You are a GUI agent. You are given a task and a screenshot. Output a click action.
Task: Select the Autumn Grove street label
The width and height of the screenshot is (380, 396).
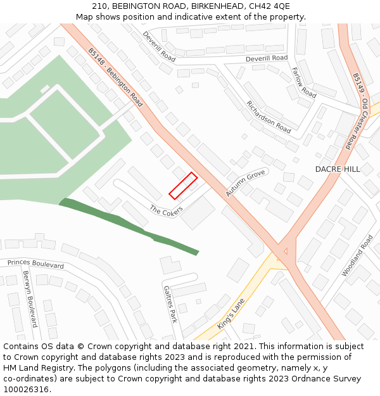(246, 182)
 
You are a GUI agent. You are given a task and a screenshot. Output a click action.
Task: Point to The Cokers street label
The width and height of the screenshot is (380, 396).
(166, 210)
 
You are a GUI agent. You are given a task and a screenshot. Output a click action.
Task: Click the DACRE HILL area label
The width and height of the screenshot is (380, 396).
(338, 169)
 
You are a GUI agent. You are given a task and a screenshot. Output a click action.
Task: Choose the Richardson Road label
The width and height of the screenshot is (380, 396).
(269, 117)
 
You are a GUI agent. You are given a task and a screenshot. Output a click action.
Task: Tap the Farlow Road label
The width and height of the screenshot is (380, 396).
(304, 82)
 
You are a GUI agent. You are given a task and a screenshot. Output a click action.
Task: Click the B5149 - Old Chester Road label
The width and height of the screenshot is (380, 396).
(361, 111)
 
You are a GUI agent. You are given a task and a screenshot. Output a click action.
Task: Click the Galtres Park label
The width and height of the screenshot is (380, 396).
(170, 304)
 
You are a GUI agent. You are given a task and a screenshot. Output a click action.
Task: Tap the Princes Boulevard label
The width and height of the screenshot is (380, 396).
(35, 264)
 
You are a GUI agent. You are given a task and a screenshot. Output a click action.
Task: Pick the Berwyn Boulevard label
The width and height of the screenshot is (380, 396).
(30, 299)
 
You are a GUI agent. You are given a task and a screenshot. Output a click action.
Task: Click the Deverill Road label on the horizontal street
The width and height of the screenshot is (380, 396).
(267, 58)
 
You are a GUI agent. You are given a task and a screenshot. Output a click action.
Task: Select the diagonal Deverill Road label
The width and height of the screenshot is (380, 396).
(159, 46)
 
